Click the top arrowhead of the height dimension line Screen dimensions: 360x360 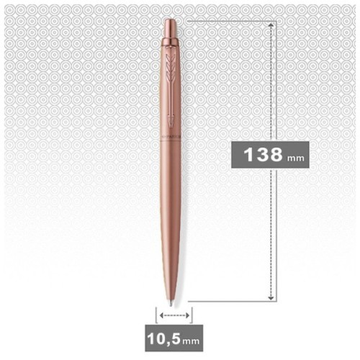coord(271,24)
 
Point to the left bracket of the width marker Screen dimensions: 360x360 coord(156,314)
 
